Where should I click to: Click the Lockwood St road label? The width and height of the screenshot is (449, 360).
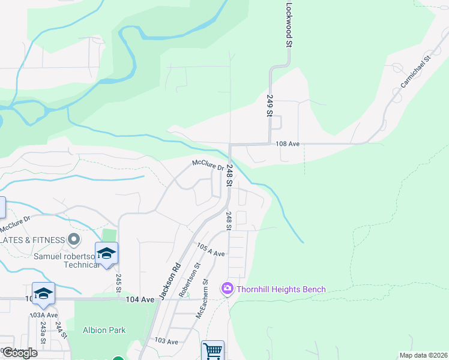289,25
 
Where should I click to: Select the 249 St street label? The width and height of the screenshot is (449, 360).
270,105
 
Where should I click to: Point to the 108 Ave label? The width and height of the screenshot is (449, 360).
288,144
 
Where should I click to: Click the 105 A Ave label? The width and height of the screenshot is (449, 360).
211,250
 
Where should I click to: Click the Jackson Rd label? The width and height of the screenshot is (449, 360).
170,281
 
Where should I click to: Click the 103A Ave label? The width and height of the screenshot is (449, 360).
44,314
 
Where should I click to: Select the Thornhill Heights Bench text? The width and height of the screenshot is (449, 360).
281,289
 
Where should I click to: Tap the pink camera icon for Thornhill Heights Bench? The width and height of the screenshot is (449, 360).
228,289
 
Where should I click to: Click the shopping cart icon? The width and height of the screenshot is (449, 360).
212,350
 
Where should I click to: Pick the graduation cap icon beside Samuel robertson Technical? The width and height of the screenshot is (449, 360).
106,253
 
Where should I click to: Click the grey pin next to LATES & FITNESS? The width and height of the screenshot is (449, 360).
74,240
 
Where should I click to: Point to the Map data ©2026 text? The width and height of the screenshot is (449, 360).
423,355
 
